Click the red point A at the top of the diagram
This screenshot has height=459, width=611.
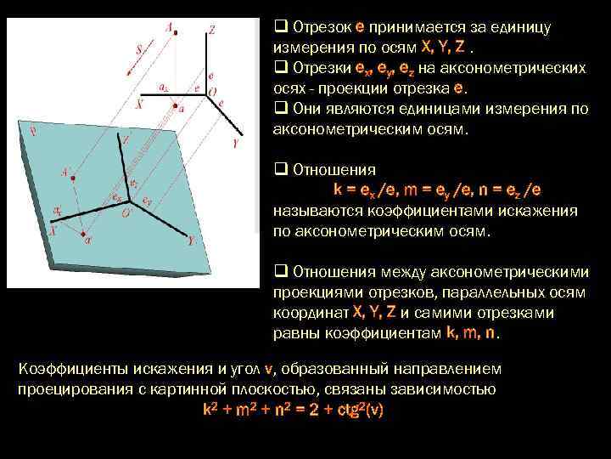click(175, 36)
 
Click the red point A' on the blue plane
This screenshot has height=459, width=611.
click(74, 177)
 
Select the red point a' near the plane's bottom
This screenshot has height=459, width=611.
click(82, 232)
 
